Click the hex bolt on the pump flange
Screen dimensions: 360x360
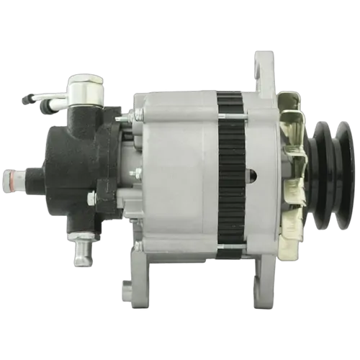tap(92, 198)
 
